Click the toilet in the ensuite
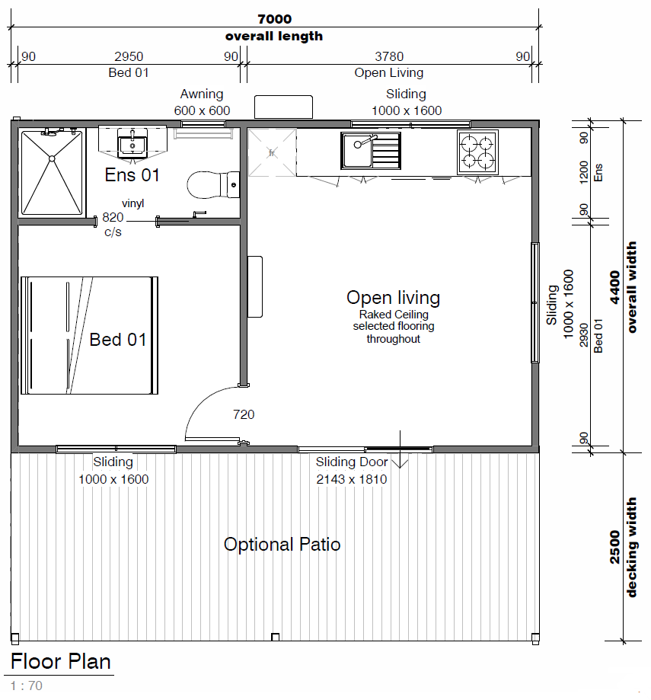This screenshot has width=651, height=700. click(x=213, y=184)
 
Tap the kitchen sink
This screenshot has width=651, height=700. click(x=370, y=151)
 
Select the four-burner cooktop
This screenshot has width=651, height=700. click(x=477, y=152)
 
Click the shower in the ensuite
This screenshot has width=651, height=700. click(x=53, y=172)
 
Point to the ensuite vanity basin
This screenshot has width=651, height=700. click(x=132, y=143)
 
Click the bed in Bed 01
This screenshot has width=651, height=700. click(x=89, y=335)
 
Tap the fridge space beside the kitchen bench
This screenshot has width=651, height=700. click(x=272, y=152)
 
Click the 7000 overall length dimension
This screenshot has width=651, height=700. click(x=274, y=19)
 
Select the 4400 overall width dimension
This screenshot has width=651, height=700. click(x=615, y=287)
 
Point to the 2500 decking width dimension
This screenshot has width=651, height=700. click(x=615, y=547)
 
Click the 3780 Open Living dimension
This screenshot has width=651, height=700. click(x=389, y=56)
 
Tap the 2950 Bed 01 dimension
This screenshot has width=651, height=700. click(x=129, y=56)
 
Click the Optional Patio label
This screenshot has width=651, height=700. click(x=282, y=545)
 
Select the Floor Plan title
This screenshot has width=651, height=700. click(x=61, y=661)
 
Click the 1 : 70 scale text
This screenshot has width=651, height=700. click(x=27, y=686)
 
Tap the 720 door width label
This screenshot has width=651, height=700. click(x=244, y=414)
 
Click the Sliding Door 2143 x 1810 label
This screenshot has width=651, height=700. click(x=352, y=471)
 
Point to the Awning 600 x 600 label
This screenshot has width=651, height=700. click(x=202, y=102)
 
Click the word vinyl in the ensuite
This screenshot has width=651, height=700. click(x=133, y=203)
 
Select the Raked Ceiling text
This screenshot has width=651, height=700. click(x=394, y=315)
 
